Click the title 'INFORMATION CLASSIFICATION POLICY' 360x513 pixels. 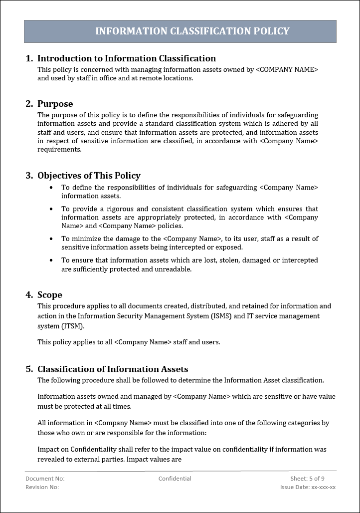click(192, 31)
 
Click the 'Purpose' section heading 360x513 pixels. click(55, 104)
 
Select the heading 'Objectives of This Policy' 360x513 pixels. click(89, 176)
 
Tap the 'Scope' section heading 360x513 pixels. click(50, 295)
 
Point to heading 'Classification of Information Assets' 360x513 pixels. click(113, 369)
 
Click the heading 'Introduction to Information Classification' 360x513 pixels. click(127, 58)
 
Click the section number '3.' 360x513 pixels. click(29, 176)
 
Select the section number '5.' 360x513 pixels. click(29, 369)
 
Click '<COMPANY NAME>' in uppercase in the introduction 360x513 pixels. click(287, 70)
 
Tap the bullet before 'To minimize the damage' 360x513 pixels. click(51, 239)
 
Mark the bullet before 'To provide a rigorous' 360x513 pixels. click(51, 209)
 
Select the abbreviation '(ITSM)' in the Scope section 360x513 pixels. click(73, 326)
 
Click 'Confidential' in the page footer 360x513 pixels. click(175, 479)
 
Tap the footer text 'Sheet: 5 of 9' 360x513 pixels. click(307, 479)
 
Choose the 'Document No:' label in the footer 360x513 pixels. click(45, 479)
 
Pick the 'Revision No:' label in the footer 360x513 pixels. click(42, 487)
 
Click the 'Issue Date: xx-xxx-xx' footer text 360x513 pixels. click(308, 487)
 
